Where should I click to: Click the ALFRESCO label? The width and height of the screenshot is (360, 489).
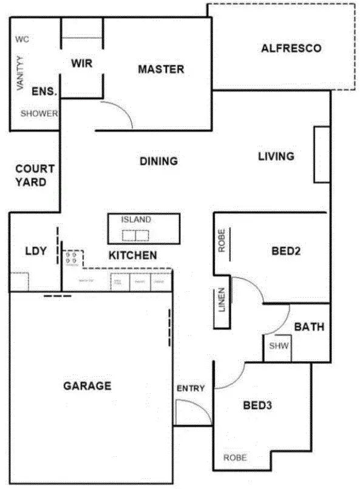(x=291, y=49)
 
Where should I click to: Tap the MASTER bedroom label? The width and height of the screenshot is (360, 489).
(x=161, y=69)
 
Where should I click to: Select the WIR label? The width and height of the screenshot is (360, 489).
(x=81, y=63)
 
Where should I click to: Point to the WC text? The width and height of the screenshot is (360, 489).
(x=22, y=39)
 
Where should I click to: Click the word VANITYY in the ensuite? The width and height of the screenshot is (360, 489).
(x=20, y=73)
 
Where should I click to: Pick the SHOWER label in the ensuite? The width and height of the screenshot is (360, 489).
(x=39, y=113)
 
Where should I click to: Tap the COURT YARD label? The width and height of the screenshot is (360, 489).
(x=35, y=175)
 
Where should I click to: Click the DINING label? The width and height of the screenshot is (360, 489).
(x=158, y=161)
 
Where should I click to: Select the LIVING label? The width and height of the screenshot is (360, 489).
(x=276, y=157)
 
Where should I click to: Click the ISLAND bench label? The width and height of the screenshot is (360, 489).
(x=136, y=220)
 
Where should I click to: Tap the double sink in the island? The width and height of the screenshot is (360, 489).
(x=135, y=235)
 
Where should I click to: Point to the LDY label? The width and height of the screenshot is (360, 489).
(x=36, y=251)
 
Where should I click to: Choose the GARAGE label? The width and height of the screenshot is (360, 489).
(x=87, y=385)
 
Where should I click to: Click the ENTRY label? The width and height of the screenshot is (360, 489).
(x=191, y=388)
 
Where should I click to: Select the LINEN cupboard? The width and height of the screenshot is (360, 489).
(x=222, y=299)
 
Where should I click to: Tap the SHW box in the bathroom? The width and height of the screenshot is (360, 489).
(x=278, y=347)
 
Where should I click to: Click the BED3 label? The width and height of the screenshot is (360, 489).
(x=257, y=405)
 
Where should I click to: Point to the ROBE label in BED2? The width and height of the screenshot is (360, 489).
(x=222, y=241)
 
